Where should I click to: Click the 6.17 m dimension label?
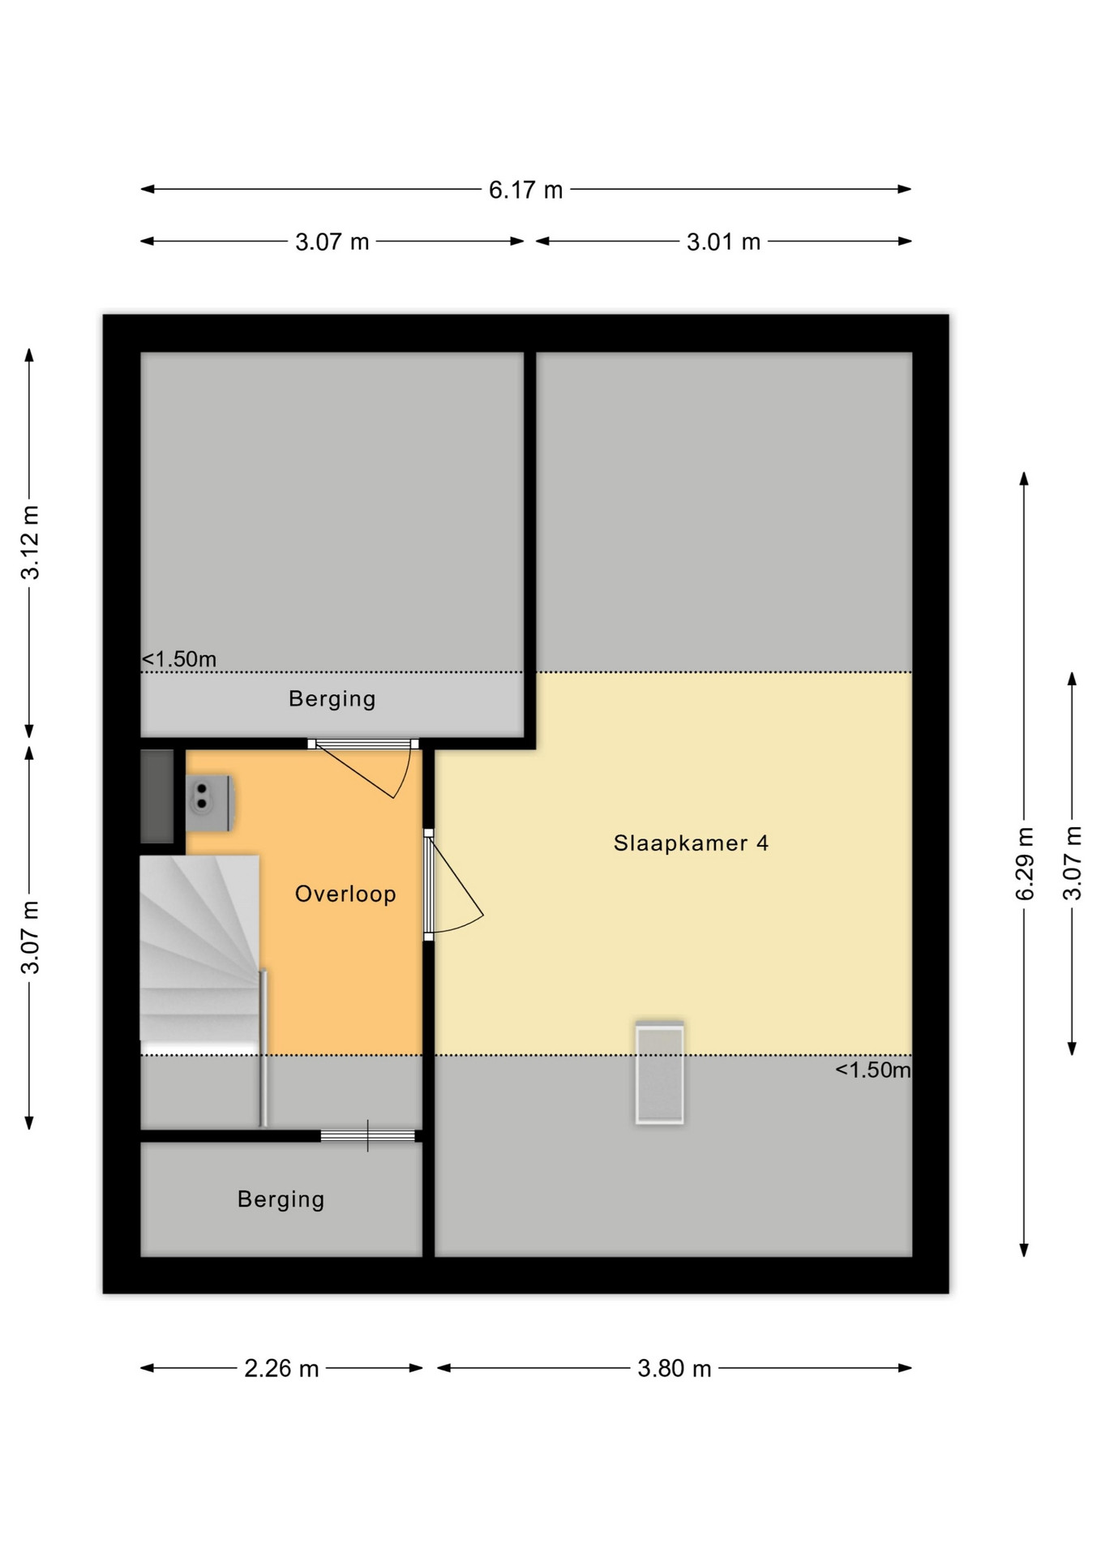525,190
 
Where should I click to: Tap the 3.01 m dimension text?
723,242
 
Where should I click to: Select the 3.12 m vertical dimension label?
30,542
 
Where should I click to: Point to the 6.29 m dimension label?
1025,864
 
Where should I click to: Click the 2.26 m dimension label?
281,1369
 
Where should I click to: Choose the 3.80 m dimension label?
674,1369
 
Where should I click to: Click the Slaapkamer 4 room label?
691,843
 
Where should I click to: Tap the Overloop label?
345,894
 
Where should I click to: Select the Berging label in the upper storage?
332,698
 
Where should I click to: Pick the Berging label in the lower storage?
281,1199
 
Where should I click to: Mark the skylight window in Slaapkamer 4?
659,1072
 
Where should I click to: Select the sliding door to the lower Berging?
368,1135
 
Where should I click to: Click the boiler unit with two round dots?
210,803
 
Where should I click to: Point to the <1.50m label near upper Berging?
179,659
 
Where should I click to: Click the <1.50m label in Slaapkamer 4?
873,1070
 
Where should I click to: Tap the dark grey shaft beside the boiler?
157,796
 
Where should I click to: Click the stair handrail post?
263,1048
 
